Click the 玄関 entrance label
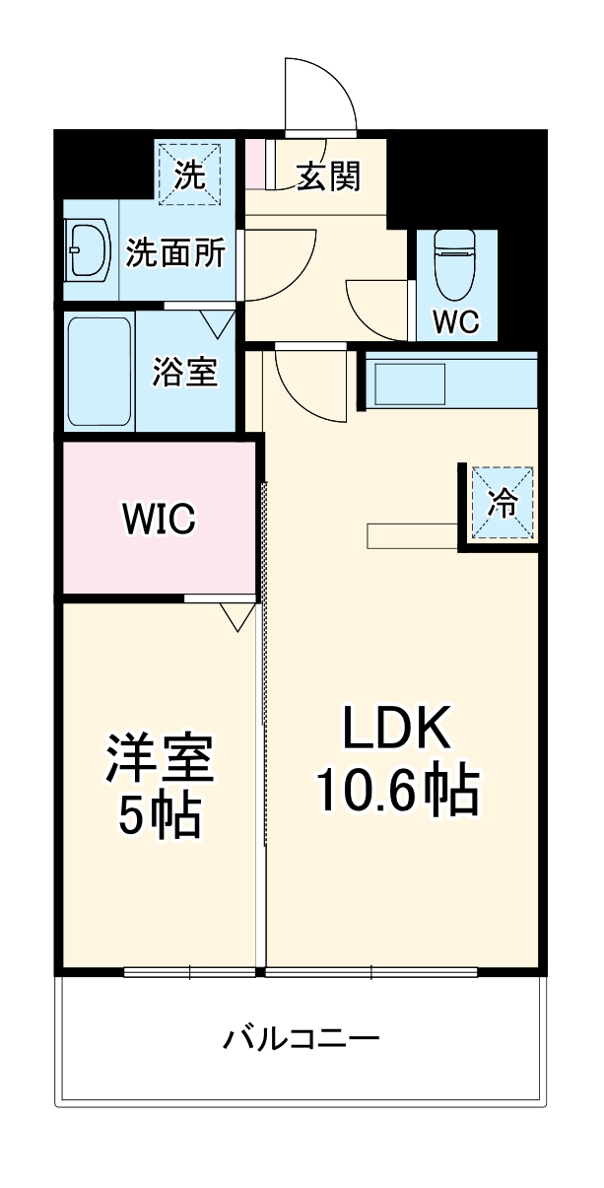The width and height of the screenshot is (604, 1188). (x=330, y=177)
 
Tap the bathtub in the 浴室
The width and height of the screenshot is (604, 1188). (x=100, y=372)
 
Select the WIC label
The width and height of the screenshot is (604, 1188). (x=160, y=518)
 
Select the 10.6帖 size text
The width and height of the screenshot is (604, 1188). (x=396, y=790)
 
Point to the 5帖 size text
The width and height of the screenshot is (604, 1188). (x=160, y=815)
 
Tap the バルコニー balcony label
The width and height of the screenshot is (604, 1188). (x=301, y=1039)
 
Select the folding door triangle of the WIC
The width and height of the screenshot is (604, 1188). (x=236, y=617)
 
